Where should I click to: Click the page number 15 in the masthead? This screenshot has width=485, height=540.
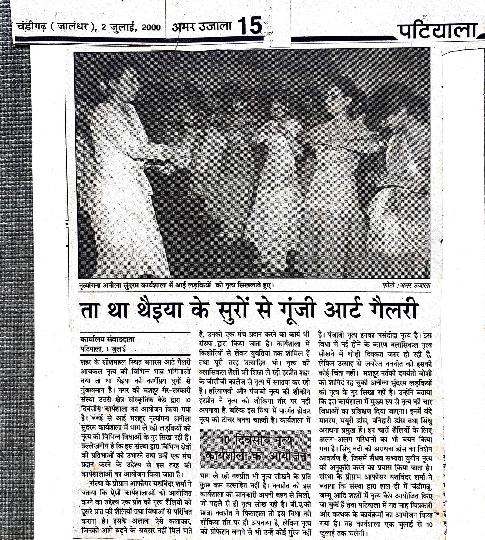tap(249, 26)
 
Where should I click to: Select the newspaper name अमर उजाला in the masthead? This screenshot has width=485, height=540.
tap(202, 27)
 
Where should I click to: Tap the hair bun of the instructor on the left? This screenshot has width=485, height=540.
tap(103, 85)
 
